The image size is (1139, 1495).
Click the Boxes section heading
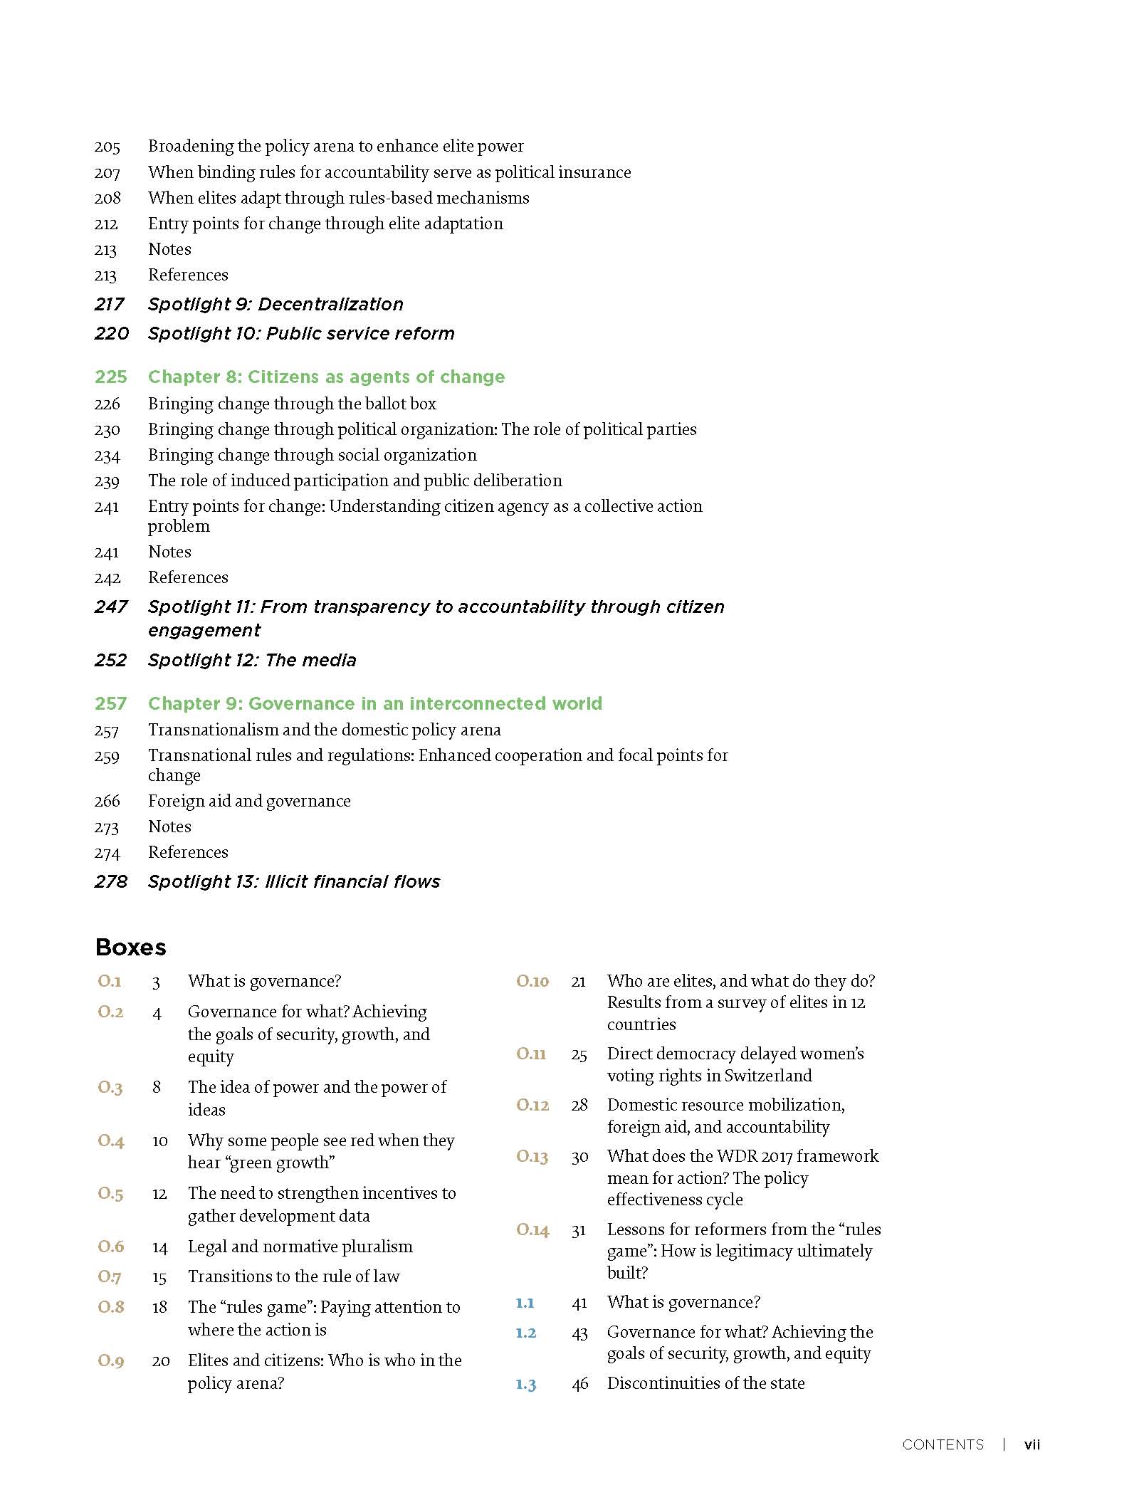pyautogui.click(x=130, y=947)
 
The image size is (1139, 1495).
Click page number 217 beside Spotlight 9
pyautogui.click(x=110, y=305)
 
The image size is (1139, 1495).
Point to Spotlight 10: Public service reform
pyautogui.click(x=300, y=334)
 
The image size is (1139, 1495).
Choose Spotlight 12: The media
pyautogui.click(x=251, y=661)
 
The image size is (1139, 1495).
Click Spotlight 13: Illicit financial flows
pyautogui.click(x=293, y=882)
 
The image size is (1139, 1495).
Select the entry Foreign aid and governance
pyautogui.click(x=249, y=801)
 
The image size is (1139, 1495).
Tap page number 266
pyautogui.click(x=107, y=802)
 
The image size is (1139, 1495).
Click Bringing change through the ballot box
pyautogui.click(x=292, y=404)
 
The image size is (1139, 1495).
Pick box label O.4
pyautogui.click(x=111, y=1141)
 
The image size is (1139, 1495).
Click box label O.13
pyautogui.click(x=532, y=1156)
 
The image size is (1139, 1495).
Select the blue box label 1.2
pyautogui.click(x=526, y=1333)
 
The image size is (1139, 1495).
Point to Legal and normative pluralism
pyautogui.click(x=300, y=1247)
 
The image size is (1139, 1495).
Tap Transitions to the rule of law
pyautogui.click(x=293, y=1276)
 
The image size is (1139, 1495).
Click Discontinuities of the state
pyautogui.click(x=705, y=1383)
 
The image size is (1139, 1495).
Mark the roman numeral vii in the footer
pyautogui.click(x=1032, y=1444)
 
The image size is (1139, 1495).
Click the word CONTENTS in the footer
pyautogui.click(x=943, y=1444)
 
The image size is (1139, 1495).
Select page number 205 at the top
pyautogui.click(x=107, y=147)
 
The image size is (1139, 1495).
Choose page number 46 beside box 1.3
pyautogui.click(x=580, y=1384)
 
